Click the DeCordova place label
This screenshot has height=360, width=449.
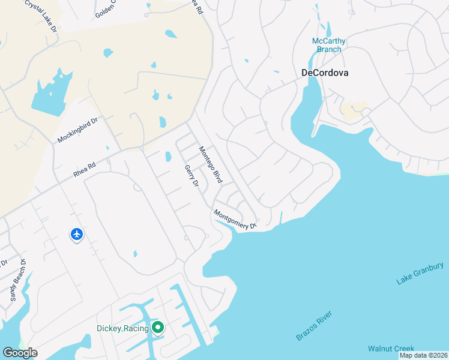pos(325,73)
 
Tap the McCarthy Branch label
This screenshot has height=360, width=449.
pos(329,45)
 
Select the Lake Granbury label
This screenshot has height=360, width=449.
pos(420,273)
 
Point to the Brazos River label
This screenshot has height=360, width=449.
pos(314,326)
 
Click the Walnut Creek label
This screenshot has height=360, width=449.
pos(391,349)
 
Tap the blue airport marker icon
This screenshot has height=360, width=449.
pos(76,234)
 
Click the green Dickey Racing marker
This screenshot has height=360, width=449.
pos(157,328)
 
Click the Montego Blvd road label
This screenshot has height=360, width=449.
pos(211,165)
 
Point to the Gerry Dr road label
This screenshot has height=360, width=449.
pos(192,176)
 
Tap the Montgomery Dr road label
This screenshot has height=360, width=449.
pos(235,219)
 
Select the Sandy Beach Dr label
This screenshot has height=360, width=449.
pos(17,280)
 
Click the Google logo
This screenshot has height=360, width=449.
pos(20,353)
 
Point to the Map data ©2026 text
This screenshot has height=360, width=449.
pos(423,355)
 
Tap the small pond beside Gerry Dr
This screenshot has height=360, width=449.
pos(168,157)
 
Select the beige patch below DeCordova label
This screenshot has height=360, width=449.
pos(353,110)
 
